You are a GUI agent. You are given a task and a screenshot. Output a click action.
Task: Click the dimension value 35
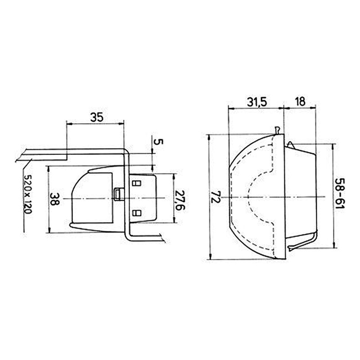(x=96, y=117)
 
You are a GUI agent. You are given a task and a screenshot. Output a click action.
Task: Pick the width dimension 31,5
(x=256, y=102)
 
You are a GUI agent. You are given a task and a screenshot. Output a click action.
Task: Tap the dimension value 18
(x=300, y=102)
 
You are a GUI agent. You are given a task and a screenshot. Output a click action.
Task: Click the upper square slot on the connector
(x=137, y=183)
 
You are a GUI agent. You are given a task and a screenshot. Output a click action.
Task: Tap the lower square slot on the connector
(x=137, y=212)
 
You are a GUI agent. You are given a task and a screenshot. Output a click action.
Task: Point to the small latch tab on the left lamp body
(x=118, y=193)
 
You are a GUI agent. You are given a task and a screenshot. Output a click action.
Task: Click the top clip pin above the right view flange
(x=279, y=130)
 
